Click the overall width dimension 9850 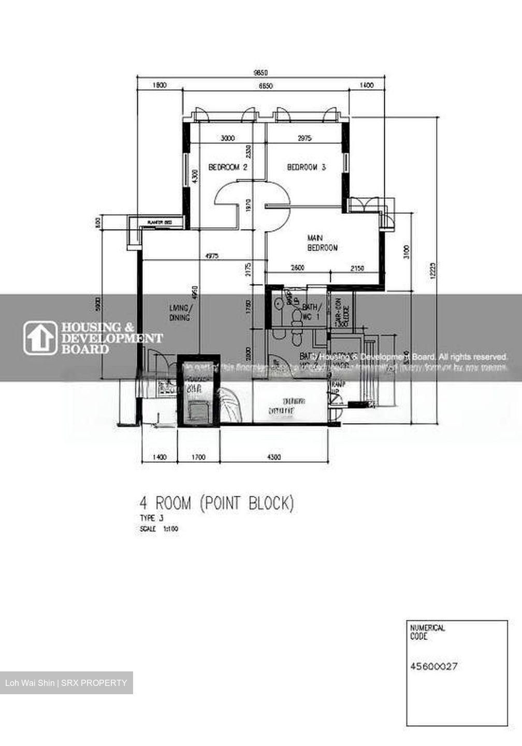click(x=260, y=73)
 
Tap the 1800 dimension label click(x=160, y=86)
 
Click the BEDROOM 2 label click(x=227, y=167)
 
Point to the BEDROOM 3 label click(x=306, y=167)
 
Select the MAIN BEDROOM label click(x=322, y=243)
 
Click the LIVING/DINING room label click(x=179, y=313)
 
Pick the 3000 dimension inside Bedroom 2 click(x=227, y=138)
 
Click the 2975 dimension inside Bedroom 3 click(x=305, y=138)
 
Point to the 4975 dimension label click(x=211, y=255)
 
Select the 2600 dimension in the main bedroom click(x=297, y=268)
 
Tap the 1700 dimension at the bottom click(x=198, y=457)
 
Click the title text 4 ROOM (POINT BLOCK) click(x=216, y=503)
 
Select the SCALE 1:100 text click(x=159, y=529)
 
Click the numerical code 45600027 click(x=433, y=667)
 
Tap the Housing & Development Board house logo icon click(x=40, y=338)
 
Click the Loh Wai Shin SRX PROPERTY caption click(x=66, y=683)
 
